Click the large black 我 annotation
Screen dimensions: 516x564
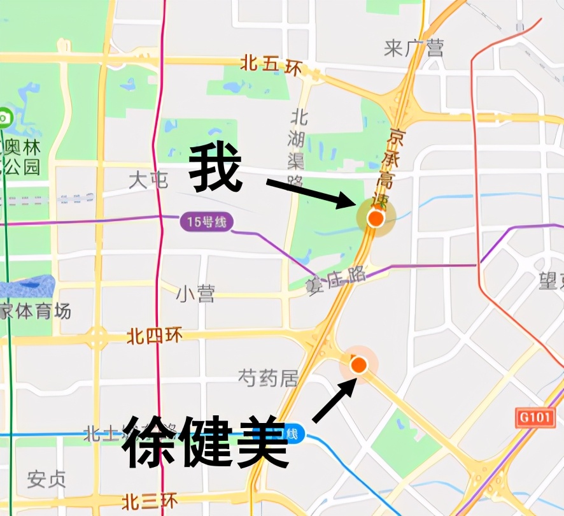tap(216, 168)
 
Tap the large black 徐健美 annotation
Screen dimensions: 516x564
tap(205, 441)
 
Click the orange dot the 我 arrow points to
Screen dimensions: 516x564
tap(376, 219)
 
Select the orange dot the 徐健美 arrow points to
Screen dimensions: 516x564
tap(359, 364)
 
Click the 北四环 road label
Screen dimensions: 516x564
tap(155, 335)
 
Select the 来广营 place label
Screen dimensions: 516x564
tap(414, 48)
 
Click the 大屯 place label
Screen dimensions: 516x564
tap(148, 180)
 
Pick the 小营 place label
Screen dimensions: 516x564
tap(195, 294)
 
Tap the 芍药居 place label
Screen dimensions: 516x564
tap(268, 378)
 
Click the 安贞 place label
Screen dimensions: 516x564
tap(46, 478)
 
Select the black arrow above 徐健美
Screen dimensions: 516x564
tap(334, 400)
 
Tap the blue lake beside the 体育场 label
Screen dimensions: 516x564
tap(29, 287)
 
